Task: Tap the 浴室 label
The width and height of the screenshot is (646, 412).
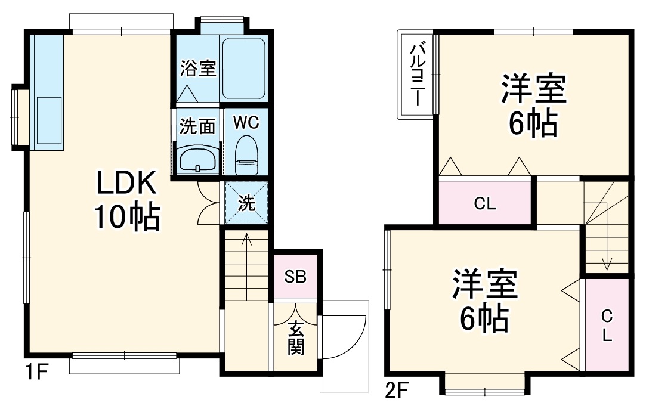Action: (198, 69)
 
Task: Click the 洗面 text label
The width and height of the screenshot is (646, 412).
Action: (197, 126)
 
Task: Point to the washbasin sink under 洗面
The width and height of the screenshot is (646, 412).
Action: (197, 159)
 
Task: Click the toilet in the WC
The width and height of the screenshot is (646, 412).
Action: (246, 151)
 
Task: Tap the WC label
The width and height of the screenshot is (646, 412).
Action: (246, 123)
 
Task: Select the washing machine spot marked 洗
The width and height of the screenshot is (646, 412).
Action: (246, 203)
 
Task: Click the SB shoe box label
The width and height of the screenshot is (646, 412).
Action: (295, 277)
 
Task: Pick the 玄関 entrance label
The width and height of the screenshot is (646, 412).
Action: (296, 338)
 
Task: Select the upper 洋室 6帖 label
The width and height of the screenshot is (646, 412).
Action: (533, 106)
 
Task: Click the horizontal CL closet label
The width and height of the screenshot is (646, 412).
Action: (485, 204)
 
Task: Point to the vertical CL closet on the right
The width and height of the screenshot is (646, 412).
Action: (607, 325)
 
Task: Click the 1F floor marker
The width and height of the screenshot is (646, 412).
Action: (36, 373)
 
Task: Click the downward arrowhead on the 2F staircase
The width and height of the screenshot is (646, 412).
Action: (607, 264)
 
